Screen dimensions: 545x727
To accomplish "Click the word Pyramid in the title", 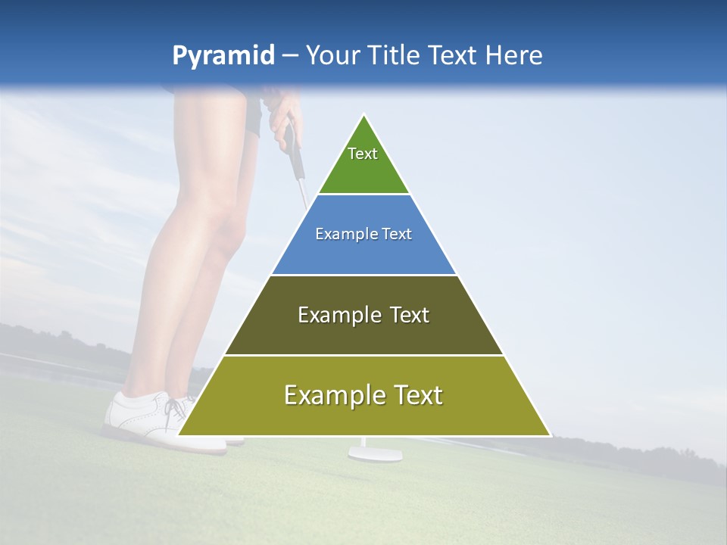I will pyautogui.click(x=223, y=56).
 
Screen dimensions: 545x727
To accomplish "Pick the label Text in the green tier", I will pyautogui.click(x=363, y=154).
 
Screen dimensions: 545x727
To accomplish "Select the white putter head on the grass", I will pyautogui.click(x=375, y=454).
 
